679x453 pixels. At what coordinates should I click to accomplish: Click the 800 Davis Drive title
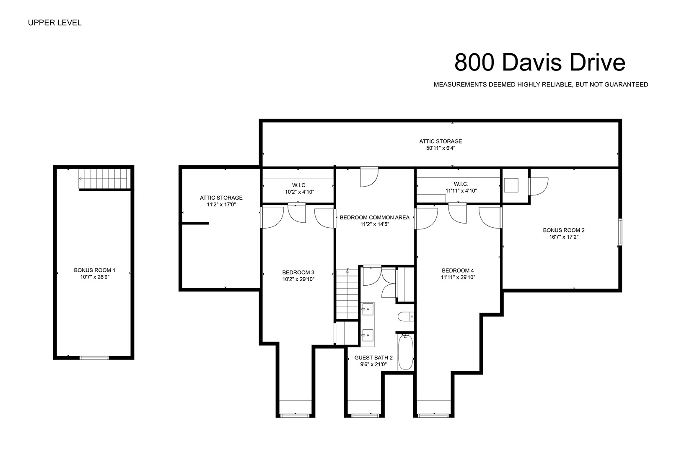point(539,62)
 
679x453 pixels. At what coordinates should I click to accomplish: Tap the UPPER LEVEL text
point(54,23)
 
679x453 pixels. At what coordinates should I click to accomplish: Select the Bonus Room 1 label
point(95,270)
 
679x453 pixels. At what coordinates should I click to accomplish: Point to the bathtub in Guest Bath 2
point(405,351)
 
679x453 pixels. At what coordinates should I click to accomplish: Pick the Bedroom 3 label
point(298,273)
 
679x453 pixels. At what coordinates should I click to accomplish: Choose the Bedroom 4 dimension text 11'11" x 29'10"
point(458,277)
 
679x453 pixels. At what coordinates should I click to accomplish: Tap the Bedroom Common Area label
point(375,218)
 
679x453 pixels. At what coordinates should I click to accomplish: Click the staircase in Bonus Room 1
point(103,179)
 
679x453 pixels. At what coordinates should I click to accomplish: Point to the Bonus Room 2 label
point(564,230)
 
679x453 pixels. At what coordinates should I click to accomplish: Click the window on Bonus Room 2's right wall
point(620,232)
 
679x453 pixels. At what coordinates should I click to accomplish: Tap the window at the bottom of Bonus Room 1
point(94,358)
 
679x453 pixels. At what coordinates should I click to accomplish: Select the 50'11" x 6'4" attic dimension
point(441,148)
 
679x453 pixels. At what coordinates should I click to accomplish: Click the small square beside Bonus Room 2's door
point(511,185)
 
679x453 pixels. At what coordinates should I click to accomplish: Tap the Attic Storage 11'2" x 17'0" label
point(221,201)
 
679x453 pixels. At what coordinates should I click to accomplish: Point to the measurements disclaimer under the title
point(541,85)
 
